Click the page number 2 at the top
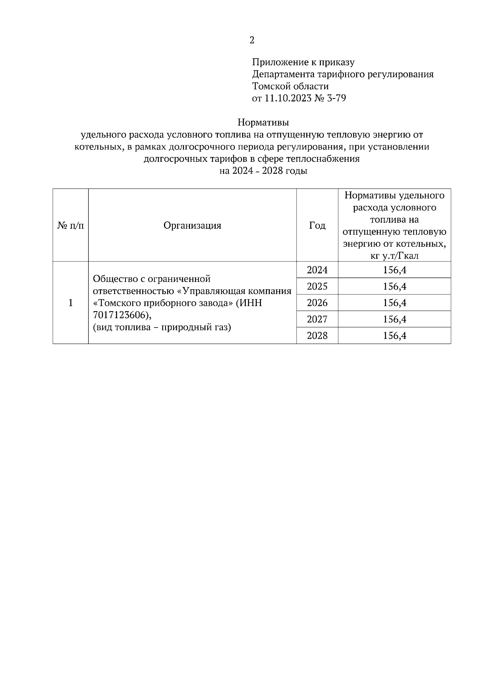252,40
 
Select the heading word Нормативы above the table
263,122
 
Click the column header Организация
192,225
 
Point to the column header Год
317,225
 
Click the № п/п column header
71,225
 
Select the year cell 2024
317,270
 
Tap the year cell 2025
317,287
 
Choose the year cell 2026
317,303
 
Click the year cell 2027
317,320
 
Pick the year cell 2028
317,336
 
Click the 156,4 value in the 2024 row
394,270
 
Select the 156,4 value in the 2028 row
394,336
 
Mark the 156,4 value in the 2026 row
394,303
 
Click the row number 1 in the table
71,303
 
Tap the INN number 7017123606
119,315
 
